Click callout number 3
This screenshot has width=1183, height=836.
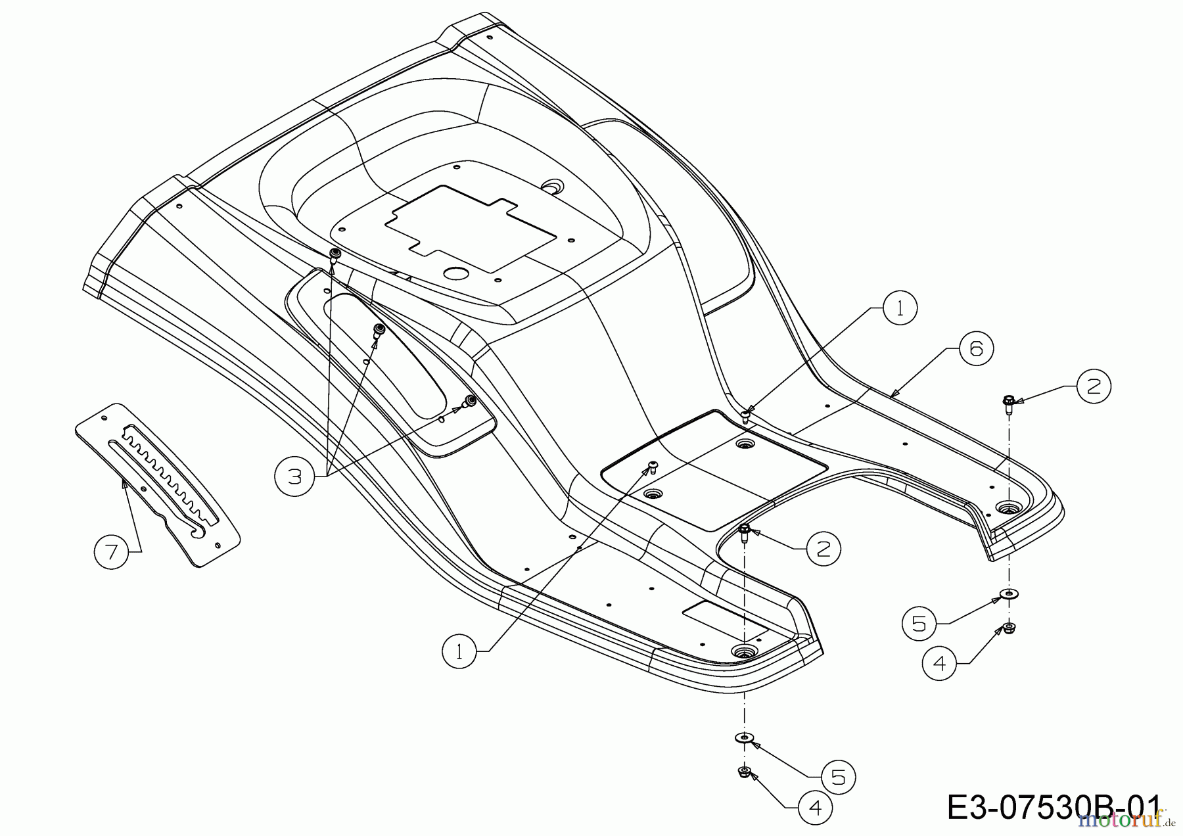294,476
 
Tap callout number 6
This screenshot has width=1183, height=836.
976,348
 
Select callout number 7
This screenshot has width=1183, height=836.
111,551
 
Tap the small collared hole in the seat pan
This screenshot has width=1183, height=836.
553,187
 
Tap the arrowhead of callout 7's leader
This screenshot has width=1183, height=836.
124,484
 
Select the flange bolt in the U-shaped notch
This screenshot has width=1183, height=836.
744,530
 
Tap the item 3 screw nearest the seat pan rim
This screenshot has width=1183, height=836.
335,255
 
